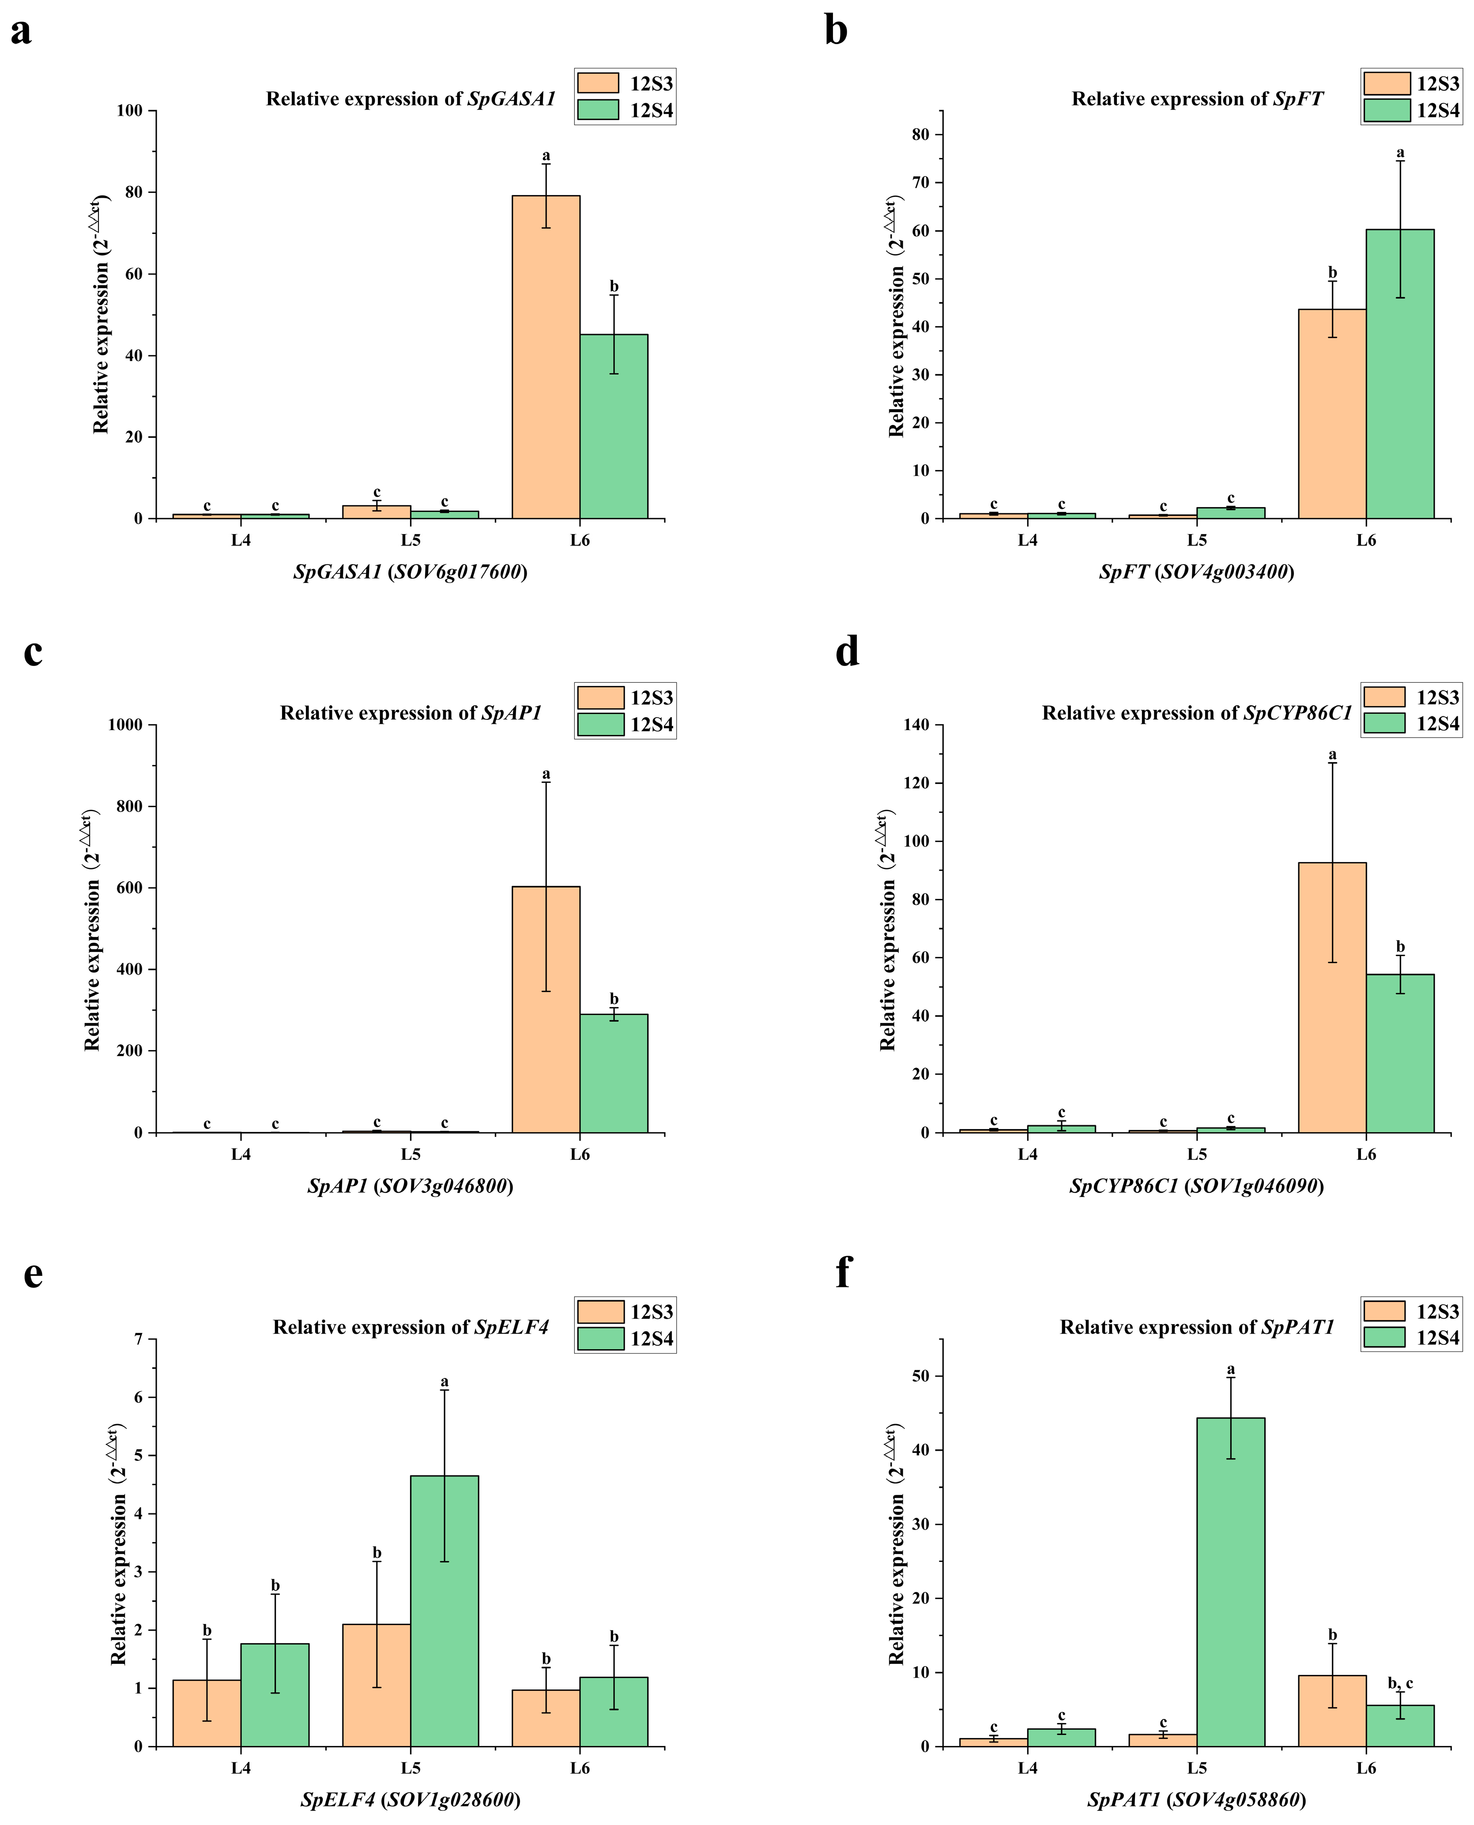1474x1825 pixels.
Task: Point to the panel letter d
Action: [x=847, y=652]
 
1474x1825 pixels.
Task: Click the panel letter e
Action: [x=32, y=1273]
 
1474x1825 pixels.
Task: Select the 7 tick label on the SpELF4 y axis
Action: [x=139, y=1340]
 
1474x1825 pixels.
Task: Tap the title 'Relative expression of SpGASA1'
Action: [x=410, y=99]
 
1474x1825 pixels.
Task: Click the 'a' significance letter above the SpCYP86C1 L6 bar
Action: [x=1332, y=755]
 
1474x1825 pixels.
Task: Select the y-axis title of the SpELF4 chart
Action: [x=119, y=1543]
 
